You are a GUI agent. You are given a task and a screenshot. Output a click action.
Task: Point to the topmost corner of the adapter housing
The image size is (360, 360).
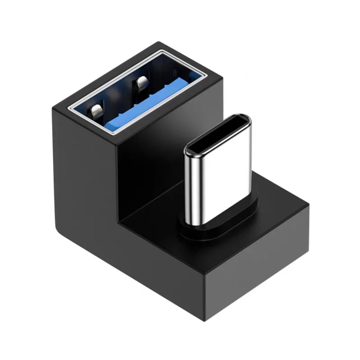158,42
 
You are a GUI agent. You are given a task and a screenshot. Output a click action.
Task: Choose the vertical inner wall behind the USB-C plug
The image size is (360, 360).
151,173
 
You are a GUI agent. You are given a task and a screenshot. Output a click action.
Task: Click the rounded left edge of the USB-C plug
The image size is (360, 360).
187,180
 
